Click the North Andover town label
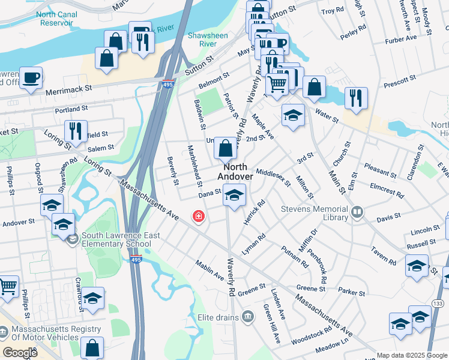coord(235,172)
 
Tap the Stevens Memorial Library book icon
coord(357,212)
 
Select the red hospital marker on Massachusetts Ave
coord(197,216)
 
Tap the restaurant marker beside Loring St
coord(76,130)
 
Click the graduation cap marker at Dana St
coord(235,194)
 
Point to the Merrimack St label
coord(68,89)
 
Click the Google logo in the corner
coord(20,353)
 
